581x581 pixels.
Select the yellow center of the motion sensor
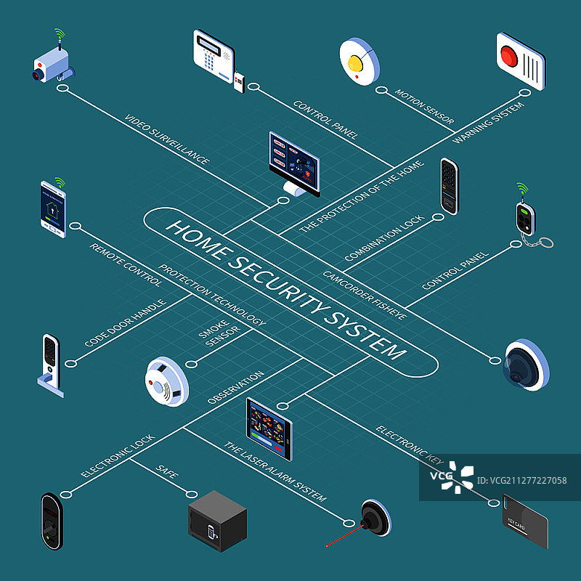coord(355,62)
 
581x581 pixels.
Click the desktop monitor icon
coord(294,163)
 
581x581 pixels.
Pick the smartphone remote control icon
coord(52,209)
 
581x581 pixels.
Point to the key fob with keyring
coord(524,218)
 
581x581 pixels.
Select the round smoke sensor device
coord(166,380)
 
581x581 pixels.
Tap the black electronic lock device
coord(51,521)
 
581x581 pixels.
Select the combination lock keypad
coord(450,185)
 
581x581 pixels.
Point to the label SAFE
coord(167,473)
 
